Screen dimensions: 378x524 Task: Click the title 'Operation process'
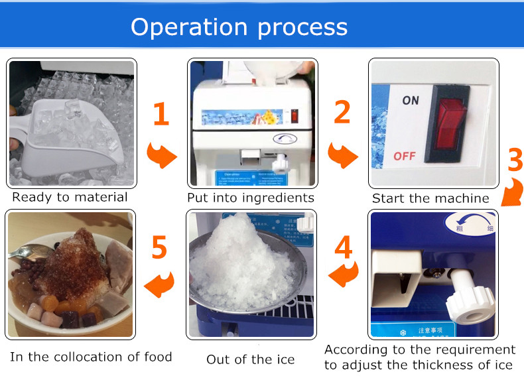coord(239,27)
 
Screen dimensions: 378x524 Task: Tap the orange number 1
coord(161,115)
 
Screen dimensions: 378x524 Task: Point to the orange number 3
coord(511,160)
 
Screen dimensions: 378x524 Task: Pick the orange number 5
coord(159,247)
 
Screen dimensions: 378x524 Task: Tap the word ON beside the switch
coord(411,101)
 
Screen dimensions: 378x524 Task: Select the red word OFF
coord(405,157)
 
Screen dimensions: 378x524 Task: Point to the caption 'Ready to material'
coord(70,197)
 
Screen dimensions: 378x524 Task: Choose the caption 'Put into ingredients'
coord(251,198)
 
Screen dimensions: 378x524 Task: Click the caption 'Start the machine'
coord(430,198)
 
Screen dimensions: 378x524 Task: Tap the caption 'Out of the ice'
coord(251,359)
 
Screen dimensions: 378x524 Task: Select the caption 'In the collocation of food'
coord(91,357)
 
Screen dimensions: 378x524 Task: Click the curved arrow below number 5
coord(159,285)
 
